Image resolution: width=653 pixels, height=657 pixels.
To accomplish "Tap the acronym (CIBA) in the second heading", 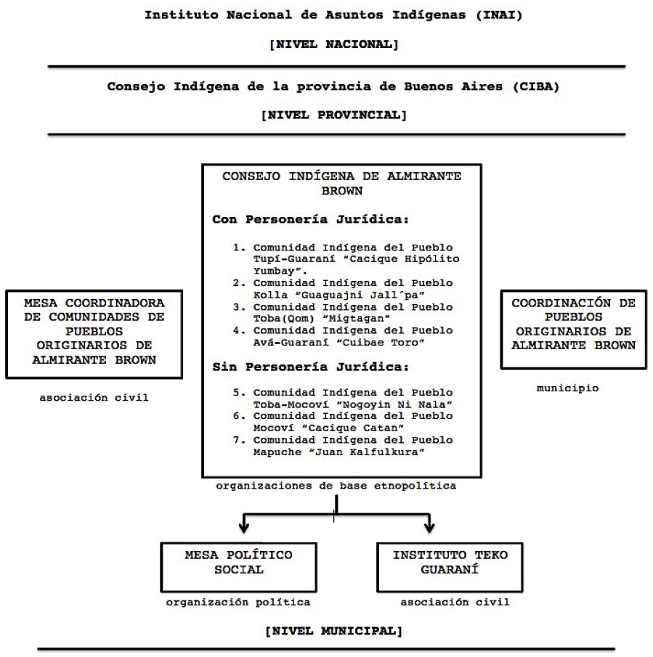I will coord(522,85).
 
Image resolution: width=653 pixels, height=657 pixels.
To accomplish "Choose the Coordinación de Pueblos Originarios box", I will coord(569,326).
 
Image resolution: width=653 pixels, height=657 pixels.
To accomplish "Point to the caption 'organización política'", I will coord(238,602).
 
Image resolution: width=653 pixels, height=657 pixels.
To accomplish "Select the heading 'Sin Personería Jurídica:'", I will coord(283,368).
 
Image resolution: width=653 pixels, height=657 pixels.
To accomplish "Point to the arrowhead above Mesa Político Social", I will coord(245,524).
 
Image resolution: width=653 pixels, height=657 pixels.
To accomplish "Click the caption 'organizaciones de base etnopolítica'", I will coord(336,486).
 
